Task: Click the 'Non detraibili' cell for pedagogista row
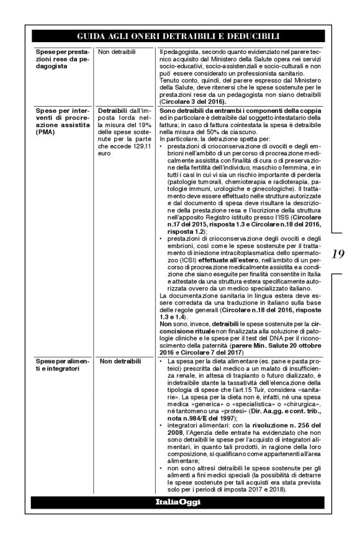tap(118, 53)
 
